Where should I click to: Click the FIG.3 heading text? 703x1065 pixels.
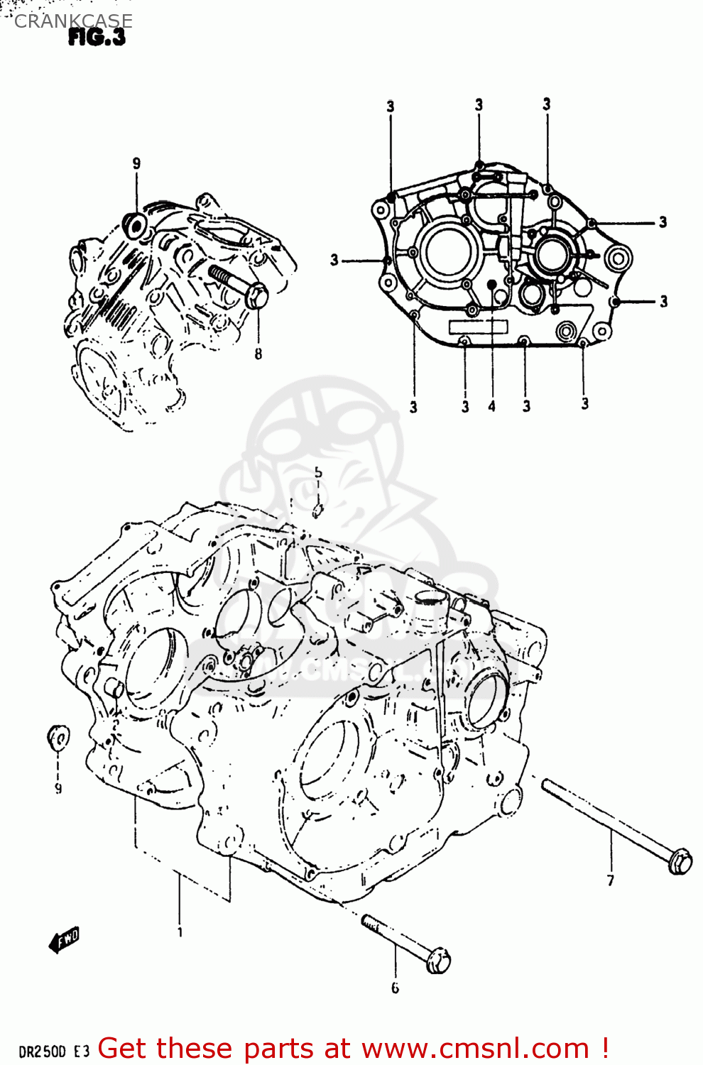(97, 38)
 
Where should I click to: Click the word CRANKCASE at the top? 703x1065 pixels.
(73, 21)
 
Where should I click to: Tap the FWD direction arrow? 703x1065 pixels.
(65, 940)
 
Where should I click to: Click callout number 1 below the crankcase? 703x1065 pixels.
(180, 932)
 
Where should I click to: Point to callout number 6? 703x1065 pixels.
(395, 988)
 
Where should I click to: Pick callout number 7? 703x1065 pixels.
(610, 881)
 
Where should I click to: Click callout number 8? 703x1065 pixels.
(258, 354)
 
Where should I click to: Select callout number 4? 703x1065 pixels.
(491, 407)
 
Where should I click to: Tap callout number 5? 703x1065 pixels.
(318, 472)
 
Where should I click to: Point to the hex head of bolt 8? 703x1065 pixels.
(256, 296)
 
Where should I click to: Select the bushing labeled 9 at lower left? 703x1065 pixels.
(58, 737)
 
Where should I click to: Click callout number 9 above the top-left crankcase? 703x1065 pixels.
(136, 164)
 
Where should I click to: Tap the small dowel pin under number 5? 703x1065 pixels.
(318, 508)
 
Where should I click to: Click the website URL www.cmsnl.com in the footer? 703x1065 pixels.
(475, 1049)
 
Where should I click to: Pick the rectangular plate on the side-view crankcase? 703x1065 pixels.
(478, 327)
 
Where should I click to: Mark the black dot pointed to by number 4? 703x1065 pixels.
(491, 284)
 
